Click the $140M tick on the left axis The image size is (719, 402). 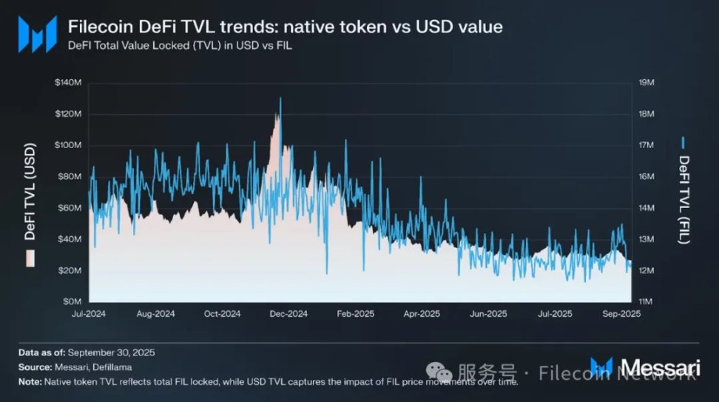(x=67, y=83)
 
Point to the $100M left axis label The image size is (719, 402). (x=67, y=145)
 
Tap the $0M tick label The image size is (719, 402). (x=72, y=302)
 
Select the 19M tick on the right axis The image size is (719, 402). (x=645, y=83)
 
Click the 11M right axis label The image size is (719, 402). (x=645, y=302)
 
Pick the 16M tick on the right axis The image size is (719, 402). (x=645, y=177)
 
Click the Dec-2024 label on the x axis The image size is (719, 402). (x=288, y=314)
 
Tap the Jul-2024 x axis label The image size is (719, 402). (x=90, y=314)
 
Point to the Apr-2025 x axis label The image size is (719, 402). (x=421, y=314)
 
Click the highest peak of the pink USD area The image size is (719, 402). (x=280, y=98)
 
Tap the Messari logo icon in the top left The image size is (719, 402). (x=36, y=34)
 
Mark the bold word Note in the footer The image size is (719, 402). (x=30, y=382)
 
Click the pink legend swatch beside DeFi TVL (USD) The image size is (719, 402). (x=30, y=258)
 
